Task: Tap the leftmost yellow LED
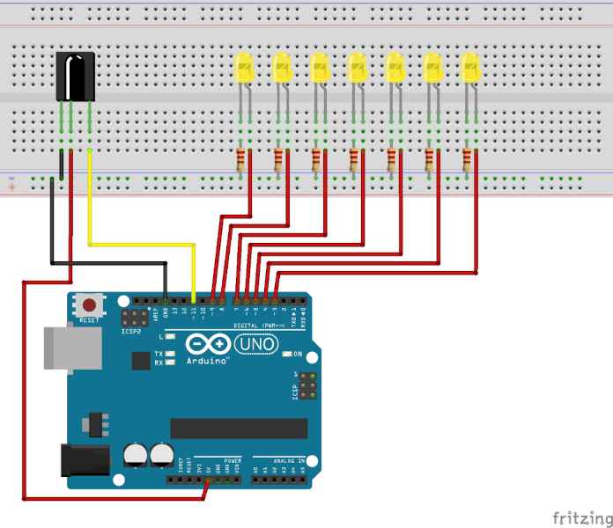point(244,69)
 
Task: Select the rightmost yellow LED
point(470,69)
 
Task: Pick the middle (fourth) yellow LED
point(357,69)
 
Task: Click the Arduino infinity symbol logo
point(207,346)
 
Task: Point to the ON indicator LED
point(287,354)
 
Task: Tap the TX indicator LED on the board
point(169,354)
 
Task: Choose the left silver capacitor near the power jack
point(136,454)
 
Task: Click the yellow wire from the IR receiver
point(141,245)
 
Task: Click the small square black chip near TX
point(140,360)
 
